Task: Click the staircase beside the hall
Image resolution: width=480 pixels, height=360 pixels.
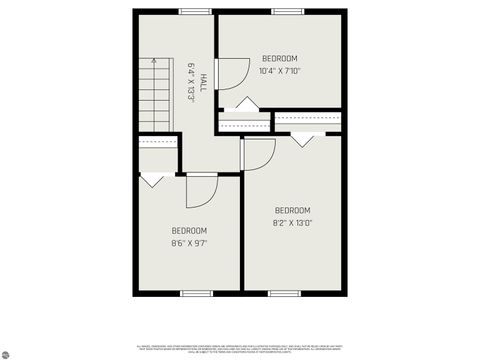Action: (156, 94)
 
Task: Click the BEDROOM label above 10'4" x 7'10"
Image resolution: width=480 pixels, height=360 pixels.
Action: (279, 58)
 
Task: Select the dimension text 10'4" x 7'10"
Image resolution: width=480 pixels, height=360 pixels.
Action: (279, 71)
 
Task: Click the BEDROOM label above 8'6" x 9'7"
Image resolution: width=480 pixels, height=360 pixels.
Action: (189, 230)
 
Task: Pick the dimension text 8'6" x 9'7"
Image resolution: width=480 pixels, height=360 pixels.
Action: (189, 243)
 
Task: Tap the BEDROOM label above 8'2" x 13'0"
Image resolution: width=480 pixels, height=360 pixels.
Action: (292, 210)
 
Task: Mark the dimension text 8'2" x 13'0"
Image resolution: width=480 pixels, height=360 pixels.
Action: (292, 223)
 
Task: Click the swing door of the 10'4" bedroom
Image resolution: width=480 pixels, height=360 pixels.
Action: (231, 73)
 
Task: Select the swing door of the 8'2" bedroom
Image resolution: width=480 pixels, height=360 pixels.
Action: (259, 153)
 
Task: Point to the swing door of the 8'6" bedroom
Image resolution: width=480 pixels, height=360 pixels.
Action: (200, 190)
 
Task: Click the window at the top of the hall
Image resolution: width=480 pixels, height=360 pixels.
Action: (195, 11)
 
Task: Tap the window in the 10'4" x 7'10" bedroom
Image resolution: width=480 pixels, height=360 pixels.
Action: (287, 11)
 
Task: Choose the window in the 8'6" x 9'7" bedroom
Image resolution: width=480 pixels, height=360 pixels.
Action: (196, 292)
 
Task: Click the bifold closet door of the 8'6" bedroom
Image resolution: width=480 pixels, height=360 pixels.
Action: (153, 180)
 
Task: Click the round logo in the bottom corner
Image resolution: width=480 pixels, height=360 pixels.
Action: (6, 353)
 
